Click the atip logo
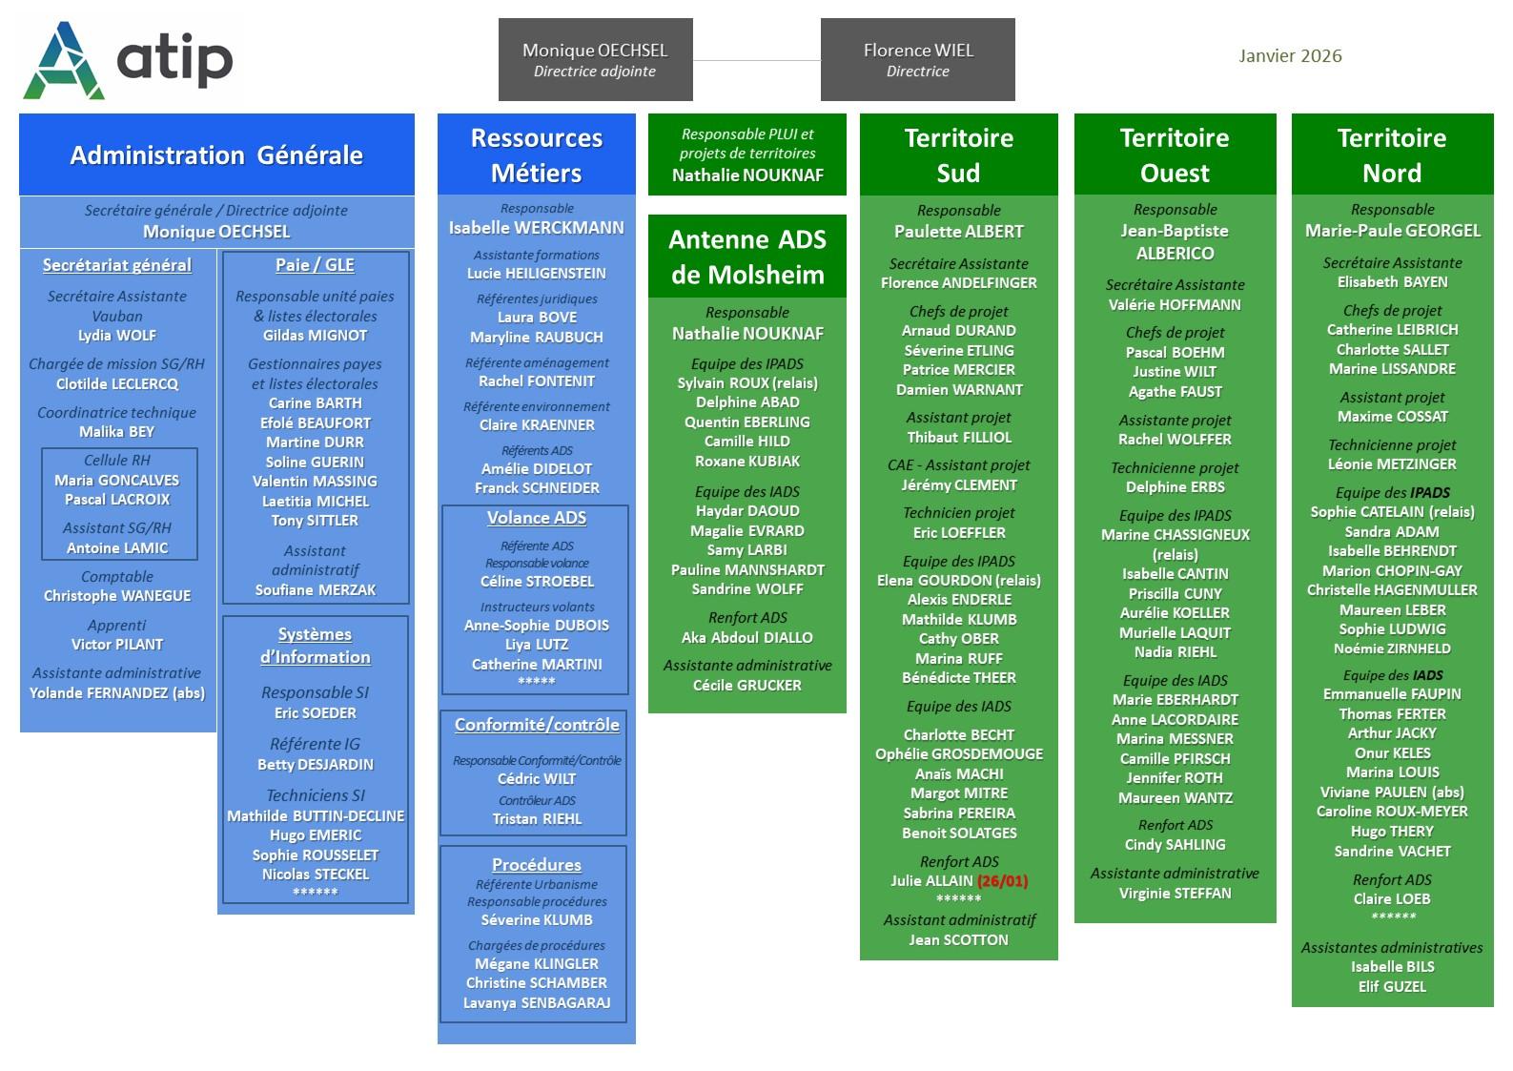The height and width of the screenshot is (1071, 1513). pos(128,60)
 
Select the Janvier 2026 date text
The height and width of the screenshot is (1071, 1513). pos(1290,56)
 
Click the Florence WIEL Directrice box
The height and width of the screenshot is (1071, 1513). pos(917,59)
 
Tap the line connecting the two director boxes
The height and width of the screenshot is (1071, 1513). pos(756,61)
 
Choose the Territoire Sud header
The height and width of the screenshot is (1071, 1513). pos(958,155)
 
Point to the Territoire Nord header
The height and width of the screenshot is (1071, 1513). pos(1392,155)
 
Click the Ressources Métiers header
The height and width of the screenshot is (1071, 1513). pos(537,155)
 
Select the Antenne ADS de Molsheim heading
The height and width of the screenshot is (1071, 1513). pos(746,257)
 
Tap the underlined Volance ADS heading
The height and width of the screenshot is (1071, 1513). pos(537,518)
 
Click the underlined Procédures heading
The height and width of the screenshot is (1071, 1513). pos(537,865)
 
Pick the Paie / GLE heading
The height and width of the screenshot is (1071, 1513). pos(315,265)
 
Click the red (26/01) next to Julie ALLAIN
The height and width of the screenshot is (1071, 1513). pos(1003,881)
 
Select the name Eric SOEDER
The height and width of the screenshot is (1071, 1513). pos(316,713)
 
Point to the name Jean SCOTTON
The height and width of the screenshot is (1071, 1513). pos(958,940)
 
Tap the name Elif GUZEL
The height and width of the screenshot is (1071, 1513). pos(1392,987)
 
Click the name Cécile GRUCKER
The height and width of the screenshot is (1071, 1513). pos(747,686)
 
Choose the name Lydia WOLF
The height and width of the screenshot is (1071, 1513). pos(117,336)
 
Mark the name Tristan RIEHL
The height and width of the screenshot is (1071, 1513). pos(537,819)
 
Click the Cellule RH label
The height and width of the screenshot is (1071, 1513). pos(117,461)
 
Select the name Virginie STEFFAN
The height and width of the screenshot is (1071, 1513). pos(1175,894)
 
